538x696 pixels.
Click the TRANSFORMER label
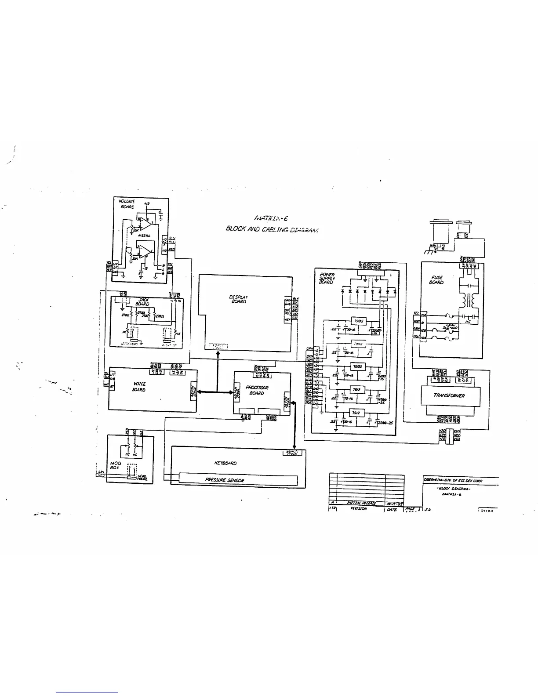(449, 395)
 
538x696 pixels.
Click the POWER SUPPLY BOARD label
(327, 278)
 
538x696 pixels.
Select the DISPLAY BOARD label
(239, 299)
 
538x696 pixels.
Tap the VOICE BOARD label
(139, 387)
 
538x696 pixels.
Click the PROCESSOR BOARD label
(257, 390)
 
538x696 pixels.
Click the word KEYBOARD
(225, 463)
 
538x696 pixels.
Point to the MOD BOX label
(115, 465)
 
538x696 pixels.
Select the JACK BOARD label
(142, 302)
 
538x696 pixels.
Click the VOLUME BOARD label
(127, 204)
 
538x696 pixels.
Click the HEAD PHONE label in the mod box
(142, 477)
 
